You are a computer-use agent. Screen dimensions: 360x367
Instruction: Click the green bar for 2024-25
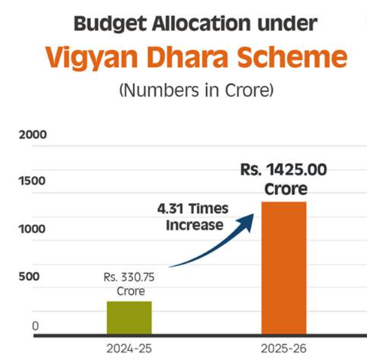pyautogui.click(x=129, y=318)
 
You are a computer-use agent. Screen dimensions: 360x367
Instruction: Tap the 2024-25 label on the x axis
pyautogui.click(x=128, y=349)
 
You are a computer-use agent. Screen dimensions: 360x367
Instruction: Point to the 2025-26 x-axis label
pyautogui.click(x=283, y=349)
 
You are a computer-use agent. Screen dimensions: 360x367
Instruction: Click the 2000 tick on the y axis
pyautogui.click(x=33, y=134)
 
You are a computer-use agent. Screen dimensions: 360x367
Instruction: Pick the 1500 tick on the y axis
pyautogui.click(x=32, y=181)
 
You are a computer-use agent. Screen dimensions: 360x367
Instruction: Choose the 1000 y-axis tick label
pyautogui.click(x=32, y=229)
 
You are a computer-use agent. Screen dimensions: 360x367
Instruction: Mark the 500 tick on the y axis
pyautogui.click(x=29, y=277)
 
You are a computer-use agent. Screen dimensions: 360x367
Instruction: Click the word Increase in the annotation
pyautogui.click(x=195, y=225)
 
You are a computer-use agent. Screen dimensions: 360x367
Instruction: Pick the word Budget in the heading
pyautogui.click(x=109, y=24)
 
